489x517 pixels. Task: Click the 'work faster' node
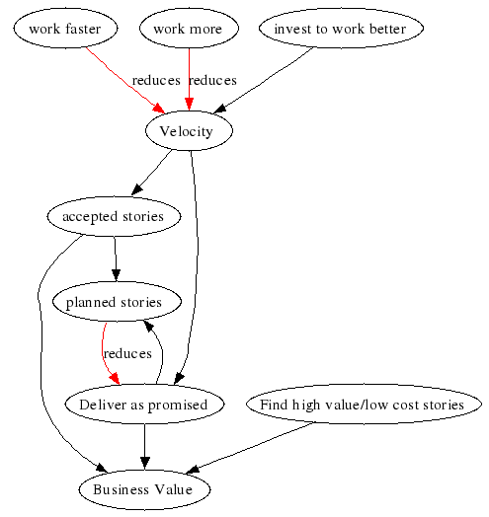tap(65, 29)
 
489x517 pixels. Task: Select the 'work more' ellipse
tap(189, 29)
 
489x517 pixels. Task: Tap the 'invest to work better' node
tap(341, 29)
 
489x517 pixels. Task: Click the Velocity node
tap(190, 131)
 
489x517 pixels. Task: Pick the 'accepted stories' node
tap(114, 216)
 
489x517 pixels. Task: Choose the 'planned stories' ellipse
tap(117, 302)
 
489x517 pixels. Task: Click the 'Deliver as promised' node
tap(144, 404)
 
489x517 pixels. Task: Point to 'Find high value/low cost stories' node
tap(364, 404)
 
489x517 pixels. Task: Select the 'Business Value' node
tap(144, 489)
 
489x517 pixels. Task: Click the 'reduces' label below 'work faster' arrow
tap(156, 81)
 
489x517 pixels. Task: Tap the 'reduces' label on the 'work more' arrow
tap(213, 81)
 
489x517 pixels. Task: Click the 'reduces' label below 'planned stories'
tap(127, 353)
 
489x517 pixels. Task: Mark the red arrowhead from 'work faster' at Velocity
tap(158, 109)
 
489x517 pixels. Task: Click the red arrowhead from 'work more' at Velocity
tap(190, 105)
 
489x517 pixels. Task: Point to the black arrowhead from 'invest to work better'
tap(220, 109)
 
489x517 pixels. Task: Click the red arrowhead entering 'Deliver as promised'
tap(115, 379)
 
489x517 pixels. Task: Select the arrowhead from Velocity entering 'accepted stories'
tap(137, 189)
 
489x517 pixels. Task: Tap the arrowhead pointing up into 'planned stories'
tap(148, 327)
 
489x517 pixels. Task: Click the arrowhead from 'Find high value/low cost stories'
tap(193, 470)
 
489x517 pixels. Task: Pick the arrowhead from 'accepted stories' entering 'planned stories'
tap(116, 275)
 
